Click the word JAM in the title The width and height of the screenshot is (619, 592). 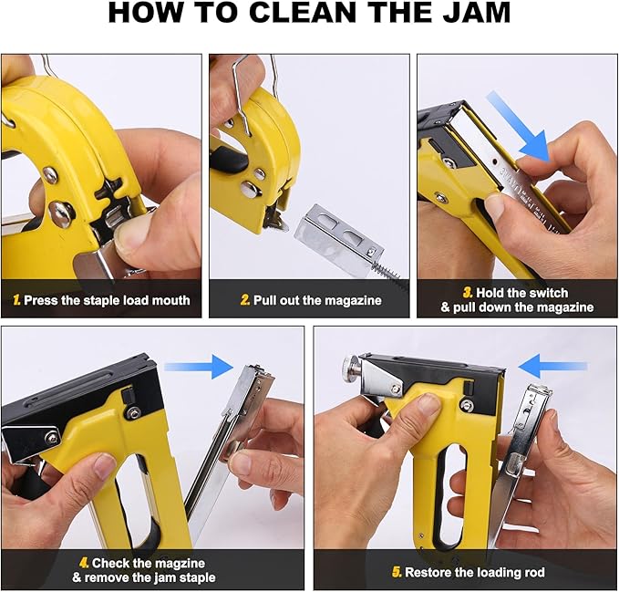(x=462, y=16)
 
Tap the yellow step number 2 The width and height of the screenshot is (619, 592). (x=245, y=300)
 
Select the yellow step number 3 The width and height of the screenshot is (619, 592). (x=466, y=293)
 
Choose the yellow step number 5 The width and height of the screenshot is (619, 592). (x=397, y=572)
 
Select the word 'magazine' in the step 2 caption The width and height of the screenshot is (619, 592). (x=352, y=300)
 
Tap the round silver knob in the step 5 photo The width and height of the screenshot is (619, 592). (x=349, y=370)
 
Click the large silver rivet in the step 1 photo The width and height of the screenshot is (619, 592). (x=62, y=213)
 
